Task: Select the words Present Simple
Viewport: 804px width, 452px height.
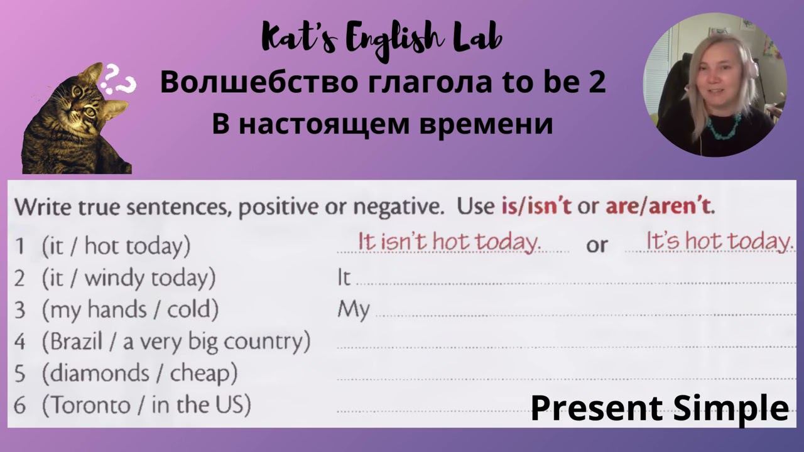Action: (660, 408)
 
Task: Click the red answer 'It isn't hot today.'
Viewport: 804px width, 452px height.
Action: (449, 242)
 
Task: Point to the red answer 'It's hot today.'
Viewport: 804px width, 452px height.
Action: (719, 241)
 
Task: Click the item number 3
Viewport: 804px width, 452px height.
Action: (20, 310)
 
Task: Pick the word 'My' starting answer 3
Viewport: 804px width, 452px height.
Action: (353, 310)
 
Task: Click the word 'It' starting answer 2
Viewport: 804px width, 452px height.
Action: (344, 277)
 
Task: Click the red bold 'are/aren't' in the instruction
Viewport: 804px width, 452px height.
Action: (660, 206)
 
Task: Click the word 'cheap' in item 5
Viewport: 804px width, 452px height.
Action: (204, 374)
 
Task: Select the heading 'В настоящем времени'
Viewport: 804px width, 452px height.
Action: (382, 124)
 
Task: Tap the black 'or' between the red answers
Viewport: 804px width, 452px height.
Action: (597, 245)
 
